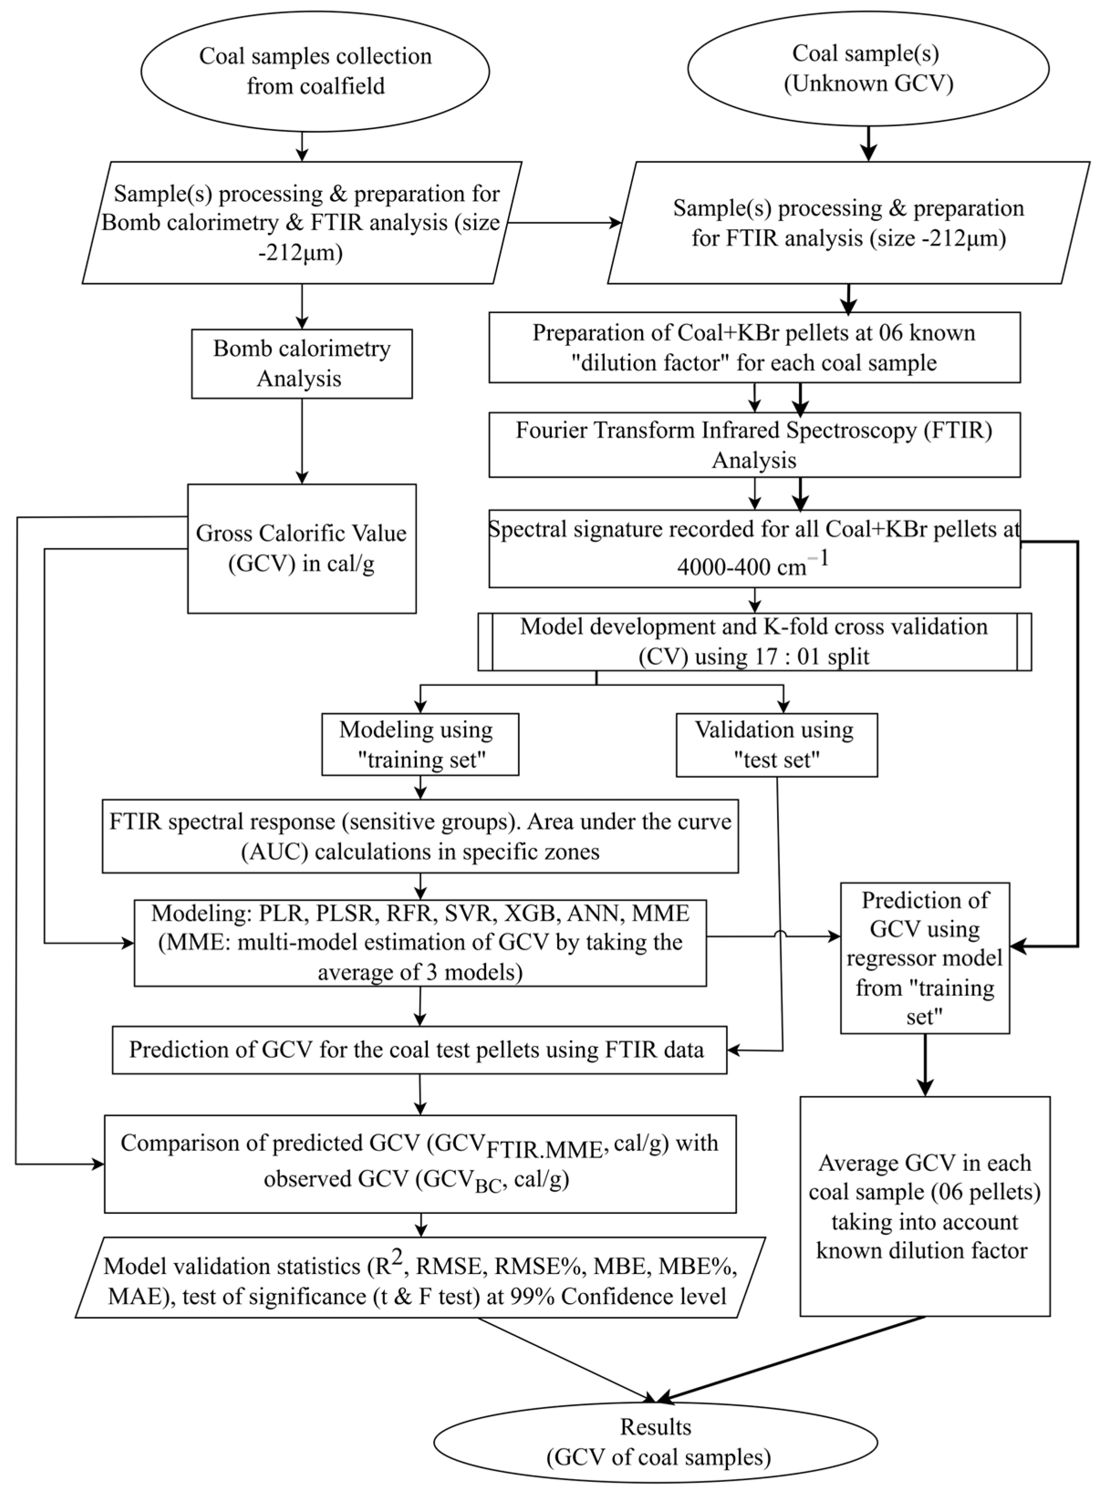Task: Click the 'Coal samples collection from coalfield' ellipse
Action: [x=315, y=71]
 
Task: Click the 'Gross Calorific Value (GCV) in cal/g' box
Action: [x=302, y=548]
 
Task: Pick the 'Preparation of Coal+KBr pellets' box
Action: [x=754, y=347]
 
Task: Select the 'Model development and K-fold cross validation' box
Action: [x=754, y=641]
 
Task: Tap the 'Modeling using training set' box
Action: [x=420, y=744]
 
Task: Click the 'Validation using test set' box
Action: [x=777, y=745]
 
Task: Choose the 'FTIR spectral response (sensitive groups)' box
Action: [x=420, y=836]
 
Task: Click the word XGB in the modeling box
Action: [x=530, y=913]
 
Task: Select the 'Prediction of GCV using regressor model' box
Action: [x=925, y=958]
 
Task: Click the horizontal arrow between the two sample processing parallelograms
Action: [x=564, y=223]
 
